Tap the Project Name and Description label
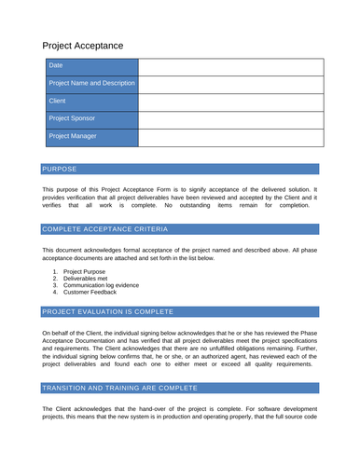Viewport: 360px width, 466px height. (91, 84)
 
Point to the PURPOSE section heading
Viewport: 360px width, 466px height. (61, 170)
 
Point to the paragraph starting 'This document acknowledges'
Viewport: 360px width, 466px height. (179, 254)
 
